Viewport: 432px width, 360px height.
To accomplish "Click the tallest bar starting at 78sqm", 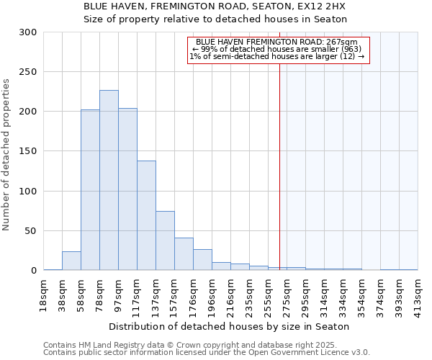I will tap(109, 180).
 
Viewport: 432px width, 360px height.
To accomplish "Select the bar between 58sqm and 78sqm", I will tap(90, 190).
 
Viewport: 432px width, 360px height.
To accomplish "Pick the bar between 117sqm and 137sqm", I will tap(146, 215).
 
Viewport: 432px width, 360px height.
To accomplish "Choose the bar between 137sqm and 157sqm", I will tap(165, 240).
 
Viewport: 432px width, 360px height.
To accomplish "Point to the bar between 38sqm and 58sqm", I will tap(71, 261).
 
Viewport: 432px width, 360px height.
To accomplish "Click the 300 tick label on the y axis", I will tap(28, 32).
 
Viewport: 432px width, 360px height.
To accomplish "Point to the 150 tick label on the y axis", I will tap(28, 151).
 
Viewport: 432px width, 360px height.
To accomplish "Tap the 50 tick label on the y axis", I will tap(30, 231).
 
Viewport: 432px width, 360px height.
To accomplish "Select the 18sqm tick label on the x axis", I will tap(43, 295).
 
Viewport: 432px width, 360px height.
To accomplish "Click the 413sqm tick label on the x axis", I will tap(418, 295).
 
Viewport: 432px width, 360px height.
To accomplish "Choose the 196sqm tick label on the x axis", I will tap(212, 295).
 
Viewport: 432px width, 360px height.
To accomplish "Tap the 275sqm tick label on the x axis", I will tap(287, 295).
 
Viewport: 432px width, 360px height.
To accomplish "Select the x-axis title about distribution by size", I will tap(230, 326).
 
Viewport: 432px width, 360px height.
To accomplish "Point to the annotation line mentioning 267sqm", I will tap(278, 42).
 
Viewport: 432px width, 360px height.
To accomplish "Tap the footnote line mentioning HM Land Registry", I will tap(205, 346).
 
